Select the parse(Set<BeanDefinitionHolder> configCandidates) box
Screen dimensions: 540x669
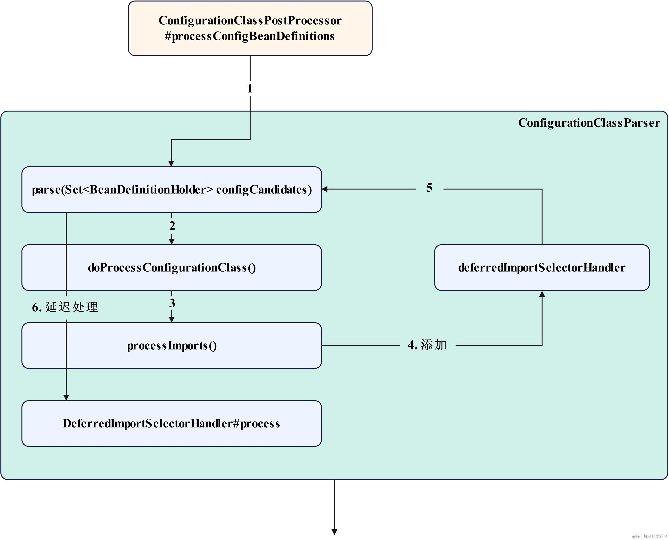pyautogui.click(x=171, y=190)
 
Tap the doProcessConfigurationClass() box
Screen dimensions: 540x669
pyautogui.click(x=171, y=268)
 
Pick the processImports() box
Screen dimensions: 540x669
pyautogui.click(x=171, y=346)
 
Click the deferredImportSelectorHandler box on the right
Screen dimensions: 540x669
pyautogui.click(x=542, y=268)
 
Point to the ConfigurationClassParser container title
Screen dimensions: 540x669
pyautogui.click(x=589, y=123)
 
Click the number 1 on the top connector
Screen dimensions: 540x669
pyautogui.click(x=250, y=89)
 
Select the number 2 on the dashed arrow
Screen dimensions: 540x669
pyautogui.click(x=172, y=226)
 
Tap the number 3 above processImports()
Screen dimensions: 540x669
pyautogui.click(x=172, y=303)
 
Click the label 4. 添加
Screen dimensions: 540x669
pyautogui.click(x=427, y=345)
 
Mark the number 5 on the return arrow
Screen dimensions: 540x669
pyautogui.click(x=429, y=188)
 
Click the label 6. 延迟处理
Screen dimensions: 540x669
pyautogui.click(x=65, y=307)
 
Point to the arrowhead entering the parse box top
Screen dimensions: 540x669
pyautogui.click(x=171, y=164)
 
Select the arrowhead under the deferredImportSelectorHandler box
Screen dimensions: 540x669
pyautogui.click(x=542, y=294)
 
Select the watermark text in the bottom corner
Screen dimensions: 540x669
pyautogui.click(x=650, y=536)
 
